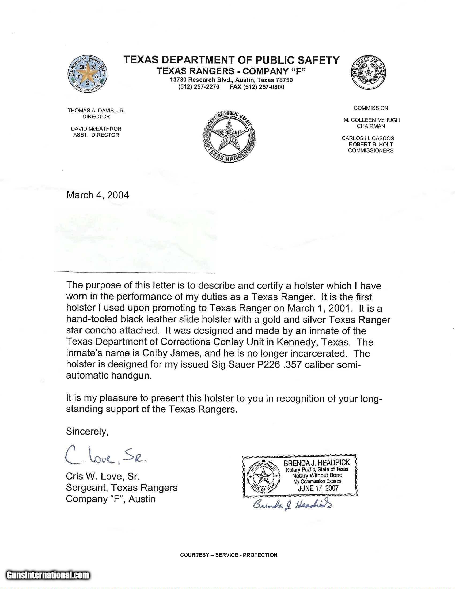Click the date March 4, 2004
click(98, 195)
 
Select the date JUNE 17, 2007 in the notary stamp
click(318, 488)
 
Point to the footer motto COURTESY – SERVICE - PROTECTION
click(229, 555)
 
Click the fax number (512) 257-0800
click(257, 87)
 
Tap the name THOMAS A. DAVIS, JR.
click(96, 111)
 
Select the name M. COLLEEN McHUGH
click(371, 120)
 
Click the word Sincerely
click(87, 432)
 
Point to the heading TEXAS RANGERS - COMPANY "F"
click(231, 71)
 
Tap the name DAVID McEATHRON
click(96, 129)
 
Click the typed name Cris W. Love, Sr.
click(103, 476)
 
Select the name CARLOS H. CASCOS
click(368, 138)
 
